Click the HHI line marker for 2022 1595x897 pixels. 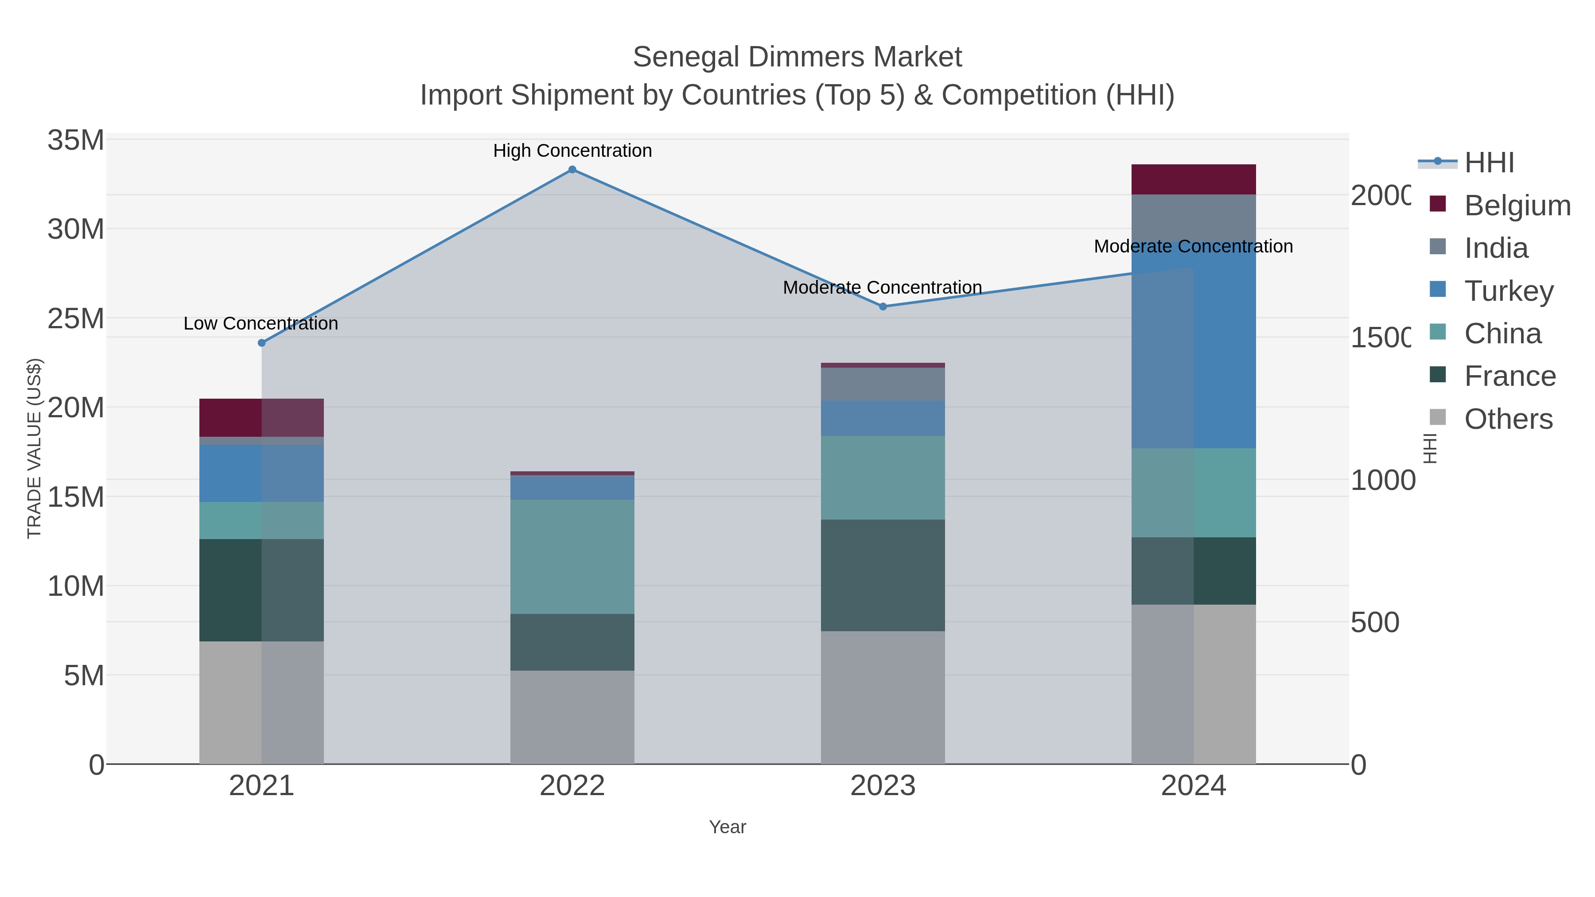pyautogui.click(x=572, y=170)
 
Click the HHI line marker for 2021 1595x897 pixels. pyautogui.click(x=261, y=343)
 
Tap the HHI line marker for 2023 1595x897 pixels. pyautogui.click(x=883, y=307)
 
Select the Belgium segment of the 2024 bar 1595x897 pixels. pyautogui.click(x=1193, y=179)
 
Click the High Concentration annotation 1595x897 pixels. pyautogui.click(x=572, y=151)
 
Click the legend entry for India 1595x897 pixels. pyautogui.click(x=1495, y=248)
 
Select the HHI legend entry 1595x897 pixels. pyautogui.click(x=1489, y=163)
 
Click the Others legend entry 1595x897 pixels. pyautogui.click(x=1508, y=419)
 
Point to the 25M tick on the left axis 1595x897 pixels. pyautogui.click(x=75, y=319)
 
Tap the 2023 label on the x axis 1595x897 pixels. pyautogui.click(x=883, y=786)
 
